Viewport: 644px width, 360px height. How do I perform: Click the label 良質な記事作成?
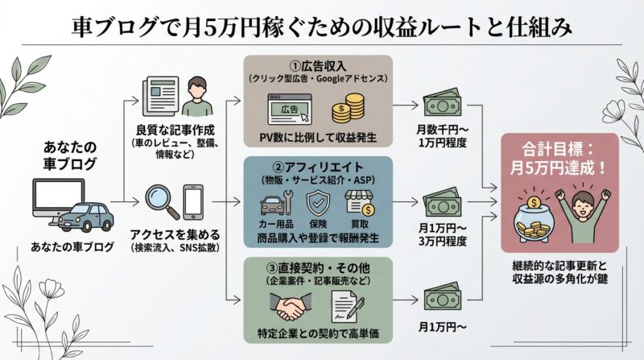point(167,131)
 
